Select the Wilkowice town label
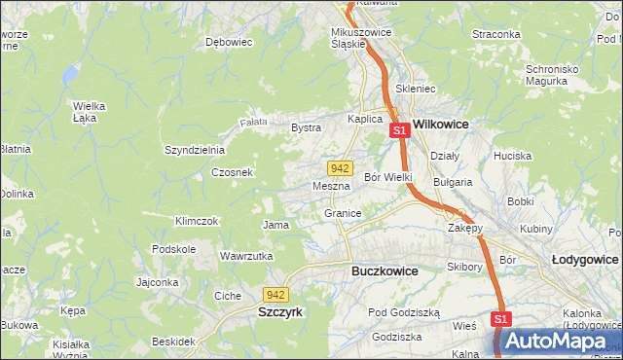pyautogui.click(x=441, y=125)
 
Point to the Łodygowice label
pyautogui.click(x=584, y=260)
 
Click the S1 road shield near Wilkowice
pyautogui.click(x=399, y=129)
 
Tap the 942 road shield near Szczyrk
pyautogui.click(x=275, y=294)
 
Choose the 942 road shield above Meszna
pyautogui.click(x=339, y=167)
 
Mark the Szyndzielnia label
pyautogui.click(x=195, y=150)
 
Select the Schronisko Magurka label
pyautogui.click(x=560, y=75)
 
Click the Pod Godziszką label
pyautogui.click(x=404, y=312)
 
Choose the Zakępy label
pyautogui.click(x=465, y=228)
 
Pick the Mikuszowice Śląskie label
pyautogui.click(x=361, y=37)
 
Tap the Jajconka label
pyautogui.click(x=157, y=283)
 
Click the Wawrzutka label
pyautogui.click(x=244, y=256)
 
